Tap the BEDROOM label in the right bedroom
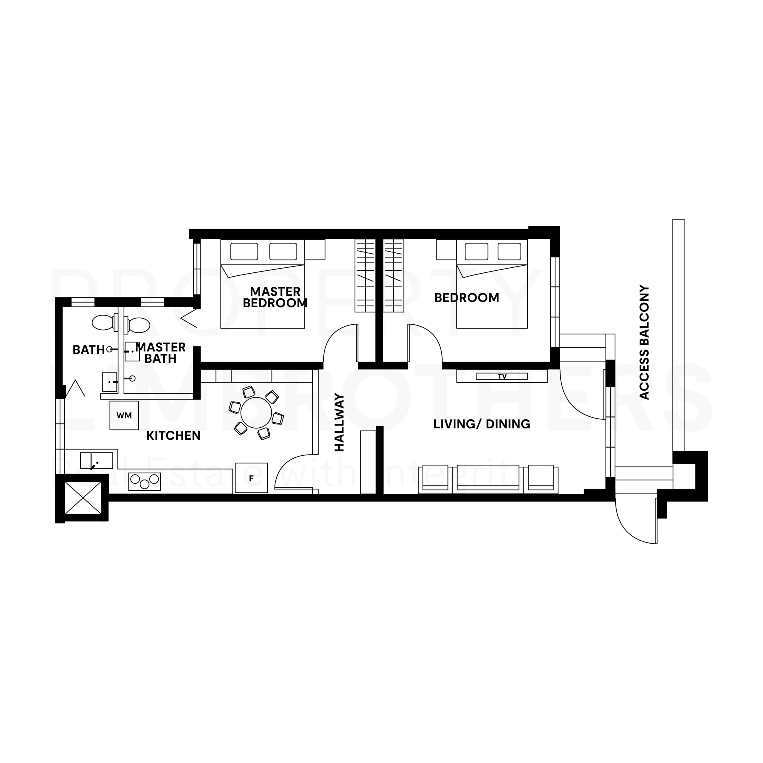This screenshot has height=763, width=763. pyautogui.click(x=466, y=298)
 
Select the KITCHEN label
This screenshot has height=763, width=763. pyautogui.click(x=173, y=436)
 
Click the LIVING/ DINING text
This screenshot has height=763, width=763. pyautogui.click(x=481, y=424)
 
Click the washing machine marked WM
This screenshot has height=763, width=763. pyautogui.click(x=124, y=415)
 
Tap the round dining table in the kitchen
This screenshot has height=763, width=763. pyautogui.click(x=256, y=413)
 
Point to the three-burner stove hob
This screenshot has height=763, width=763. pyautogui.click(x=145, y=481)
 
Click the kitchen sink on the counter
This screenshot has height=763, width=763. pyautogui.click(x=96, y=460)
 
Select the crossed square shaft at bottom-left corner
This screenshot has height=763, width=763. pyautogui.click(x=83, y=498)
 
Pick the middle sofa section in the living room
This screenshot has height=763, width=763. pyautogui.click(x=488, y=478)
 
